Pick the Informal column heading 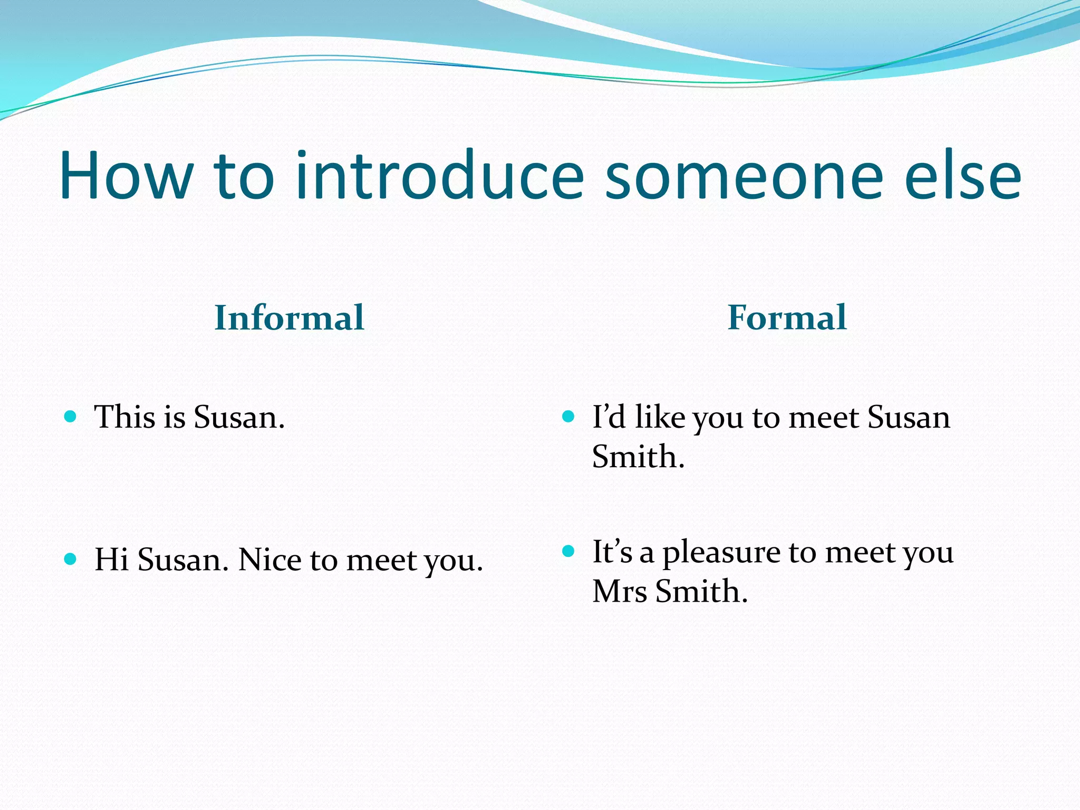[x=289, y=318]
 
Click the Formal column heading [x=787, y=318]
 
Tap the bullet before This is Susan [x=70, y=417]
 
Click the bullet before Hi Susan [x=70, y=559]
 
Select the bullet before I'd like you [x=568, y=417]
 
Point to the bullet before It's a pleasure [x=568, y=552]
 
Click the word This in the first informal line [x=124, y=417]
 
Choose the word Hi [x=111, y=560]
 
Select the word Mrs [x=619, y=591]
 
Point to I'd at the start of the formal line [x=609, y=417]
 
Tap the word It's [x=612, y=552]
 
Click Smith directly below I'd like [x=638, y=457]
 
